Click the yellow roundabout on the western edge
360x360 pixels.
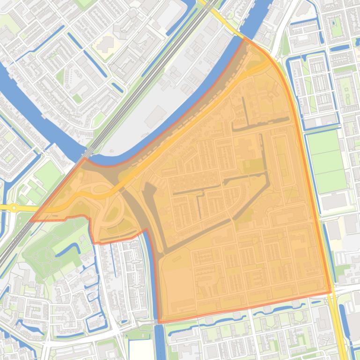(x=14, y=207)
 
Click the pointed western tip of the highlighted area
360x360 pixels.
(x=31, y=221)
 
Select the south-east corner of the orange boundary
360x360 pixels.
(x=331, y=293)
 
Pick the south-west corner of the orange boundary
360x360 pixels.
(x=159, y=322)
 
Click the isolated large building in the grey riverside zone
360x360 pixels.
(x=155, y=116)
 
